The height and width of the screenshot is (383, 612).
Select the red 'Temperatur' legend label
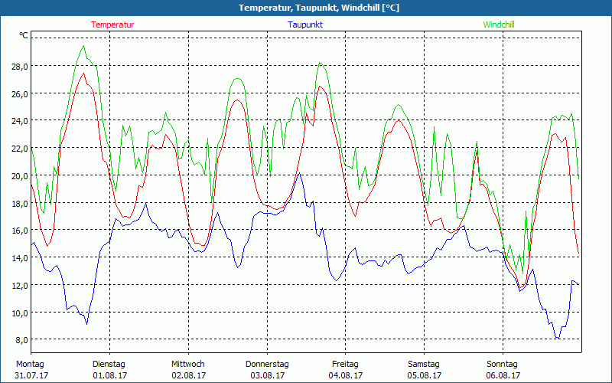112,25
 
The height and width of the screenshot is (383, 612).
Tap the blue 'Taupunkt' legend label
305,25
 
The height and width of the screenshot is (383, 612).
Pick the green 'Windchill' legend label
499,25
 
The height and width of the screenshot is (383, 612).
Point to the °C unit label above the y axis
24,35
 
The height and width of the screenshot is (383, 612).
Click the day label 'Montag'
30,364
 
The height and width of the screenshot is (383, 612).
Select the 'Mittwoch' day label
187,364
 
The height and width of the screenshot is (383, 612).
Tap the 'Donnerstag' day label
267,364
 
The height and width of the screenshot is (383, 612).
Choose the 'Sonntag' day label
502,364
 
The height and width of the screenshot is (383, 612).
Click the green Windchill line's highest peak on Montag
83,46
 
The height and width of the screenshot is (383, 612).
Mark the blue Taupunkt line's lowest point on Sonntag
558,338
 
